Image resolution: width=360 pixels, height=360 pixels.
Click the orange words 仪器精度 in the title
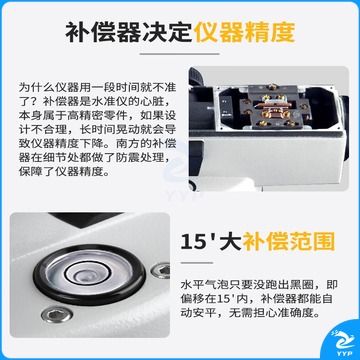(245, 32)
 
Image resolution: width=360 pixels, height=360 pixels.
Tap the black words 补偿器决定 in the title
(129, 32)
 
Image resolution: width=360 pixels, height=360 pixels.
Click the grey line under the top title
(179, 54)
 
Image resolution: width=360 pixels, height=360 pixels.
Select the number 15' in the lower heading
(197, 242)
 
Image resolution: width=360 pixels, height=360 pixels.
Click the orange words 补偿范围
(288, 242)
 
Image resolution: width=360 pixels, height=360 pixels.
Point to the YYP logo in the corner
(343, 343)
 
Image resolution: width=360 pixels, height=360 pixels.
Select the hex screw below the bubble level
(57, 315)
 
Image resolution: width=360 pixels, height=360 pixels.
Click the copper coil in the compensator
(273, 113)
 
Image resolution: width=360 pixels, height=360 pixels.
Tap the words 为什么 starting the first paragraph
(35, 87)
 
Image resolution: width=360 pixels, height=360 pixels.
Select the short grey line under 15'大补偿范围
(197, 262)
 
